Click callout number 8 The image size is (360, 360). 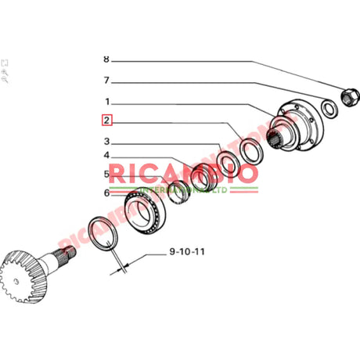(106, 59)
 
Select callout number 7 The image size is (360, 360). (106, 80)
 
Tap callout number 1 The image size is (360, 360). (106, 101)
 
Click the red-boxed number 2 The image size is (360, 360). (106, 121)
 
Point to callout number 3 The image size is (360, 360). (106, 142)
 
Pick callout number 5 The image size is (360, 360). (106, 175)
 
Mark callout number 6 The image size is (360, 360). (106, 193)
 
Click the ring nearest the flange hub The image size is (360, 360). (250, 150)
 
